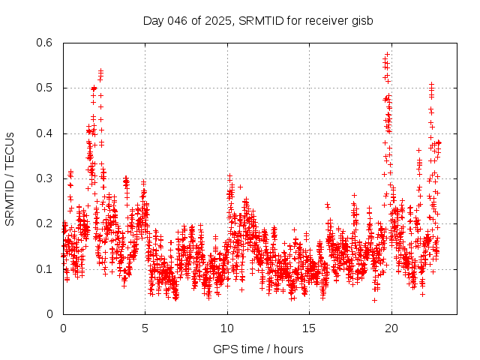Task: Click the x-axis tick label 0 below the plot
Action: (63, 328)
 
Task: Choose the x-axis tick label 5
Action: (145, 328)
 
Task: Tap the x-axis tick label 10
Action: (226, 328)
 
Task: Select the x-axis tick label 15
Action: (308, 328)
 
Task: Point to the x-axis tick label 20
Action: (390, 328)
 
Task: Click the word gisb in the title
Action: (362, 19)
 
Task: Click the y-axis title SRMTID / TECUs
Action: (10, 178)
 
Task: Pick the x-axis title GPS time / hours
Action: (257, 349)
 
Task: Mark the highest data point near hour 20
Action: (387, 54)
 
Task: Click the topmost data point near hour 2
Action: (100, 70)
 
